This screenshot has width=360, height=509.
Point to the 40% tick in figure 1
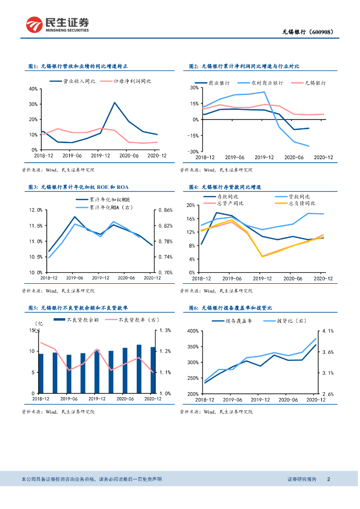[33, 89]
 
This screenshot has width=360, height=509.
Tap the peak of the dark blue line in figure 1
[114, 102]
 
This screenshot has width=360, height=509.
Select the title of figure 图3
[78, 187]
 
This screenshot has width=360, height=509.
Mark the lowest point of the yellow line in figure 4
[263, 256]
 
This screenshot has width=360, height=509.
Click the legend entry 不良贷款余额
[83, 320]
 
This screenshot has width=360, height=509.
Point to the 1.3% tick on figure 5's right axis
[165, 330]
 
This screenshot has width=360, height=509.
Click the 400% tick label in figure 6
[191, 331]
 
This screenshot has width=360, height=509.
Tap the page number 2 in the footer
[329, 479]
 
